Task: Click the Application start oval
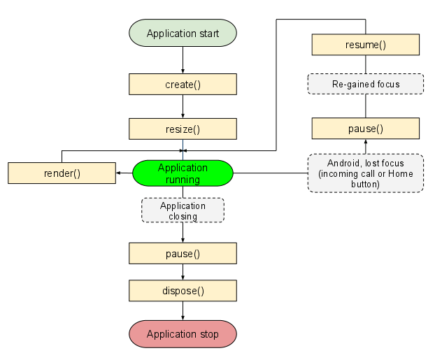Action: (x=183, y=34)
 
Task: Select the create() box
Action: (x=183, y=85)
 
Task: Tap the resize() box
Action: (x=183, y=129)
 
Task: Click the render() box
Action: (x=62, y=173)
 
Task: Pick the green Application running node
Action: (x=183, y=173)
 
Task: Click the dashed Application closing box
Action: (x=183, y=210)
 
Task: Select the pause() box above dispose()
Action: (x=183, y=253)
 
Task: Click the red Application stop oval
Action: (x=183, y=333)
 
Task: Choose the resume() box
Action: (x=365, y=45)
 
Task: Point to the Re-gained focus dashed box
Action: (x=365, y=84)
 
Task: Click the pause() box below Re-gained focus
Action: (x=365, y=129)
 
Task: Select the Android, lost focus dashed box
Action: (x=365, y=173)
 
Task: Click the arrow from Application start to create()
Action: (x=183, y=60)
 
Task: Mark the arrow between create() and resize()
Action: (x=183, y=106)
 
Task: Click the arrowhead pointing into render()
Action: (x=120, y=173)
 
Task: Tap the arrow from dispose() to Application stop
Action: (x=183, y=311)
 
